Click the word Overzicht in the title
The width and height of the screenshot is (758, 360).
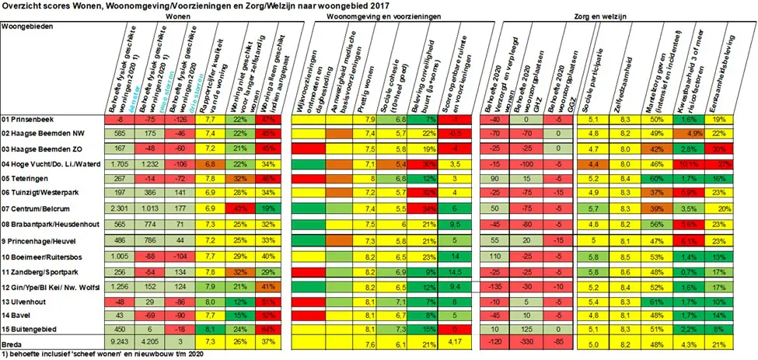pyautogui.click(x=20, y=5)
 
